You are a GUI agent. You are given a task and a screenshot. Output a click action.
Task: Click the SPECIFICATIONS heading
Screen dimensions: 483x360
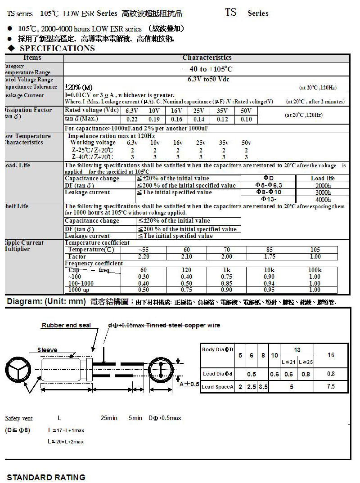click(57, 49)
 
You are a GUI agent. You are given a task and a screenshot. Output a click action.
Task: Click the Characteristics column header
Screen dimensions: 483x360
click(207, 58)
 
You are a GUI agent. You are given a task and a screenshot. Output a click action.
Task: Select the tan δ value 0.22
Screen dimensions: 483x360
click(132, 120)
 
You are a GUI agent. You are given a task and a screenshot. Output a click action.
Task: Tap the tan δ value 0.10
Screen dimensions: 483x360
click(246, 120)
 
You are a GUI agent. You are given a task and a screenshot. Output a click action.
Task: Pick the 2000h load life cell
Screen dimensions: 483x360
click(323, 185)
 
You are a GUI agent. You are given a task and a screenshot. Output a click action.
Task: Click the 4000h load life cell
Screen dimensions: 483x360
click(323, 199)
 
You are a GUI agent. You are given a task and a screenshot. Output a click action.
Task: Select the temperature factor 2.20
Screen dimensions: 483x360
click(143, 256)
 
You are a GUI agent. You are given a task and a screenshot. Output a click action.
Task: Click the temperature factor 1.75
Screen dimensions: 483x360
click(270, 256)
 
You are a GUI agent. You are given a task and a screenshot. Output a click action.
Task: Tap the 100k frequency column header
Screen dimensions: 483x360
click(315, 270)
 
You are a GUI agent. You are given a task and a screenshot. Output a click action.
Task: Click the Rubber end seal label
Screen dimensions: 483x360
click(66, 325)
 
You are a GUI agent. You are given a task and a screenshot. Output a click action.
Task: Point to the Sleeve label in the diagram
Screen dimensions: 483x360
click(47, 350)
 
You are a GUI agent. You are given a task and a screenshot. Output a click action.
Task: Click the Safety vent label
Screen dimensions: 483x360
click(19, 418)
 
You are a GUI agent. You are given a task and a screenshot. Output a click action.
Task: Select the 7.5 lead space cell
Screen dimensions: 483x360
click(331, 386)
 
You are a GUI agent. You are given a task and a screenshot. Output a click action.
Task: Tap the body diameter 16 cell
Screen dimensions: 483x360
click(331, 355)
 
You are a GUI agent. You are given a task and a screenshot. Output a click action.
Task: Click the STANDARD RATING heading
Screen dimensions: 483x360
click(46, 477)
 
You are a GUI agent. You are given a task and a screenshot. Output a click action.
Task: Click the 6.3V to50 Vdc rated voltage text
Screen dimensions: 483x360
click(207, 80)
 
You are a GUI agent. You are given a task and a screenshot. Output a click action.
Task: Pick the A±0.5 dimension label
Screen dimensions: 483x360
click(189, 384)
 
